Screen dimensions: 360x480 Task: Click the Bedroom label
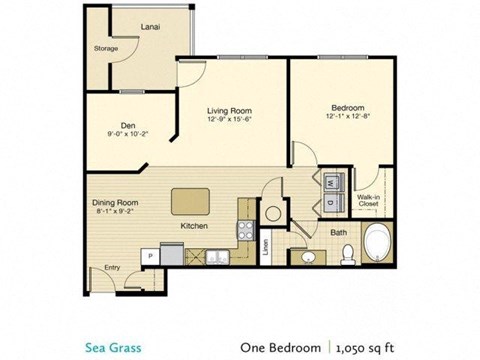(x=345, y=107)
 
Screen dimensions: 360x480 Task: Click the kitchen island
(x=196, y=202)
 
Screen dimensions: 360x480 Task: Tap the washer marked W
(x=331, y=183)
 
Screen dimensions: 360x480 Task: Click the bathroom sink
(x=306, y=256)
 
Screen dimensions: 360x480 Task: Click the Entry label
(x=110, y=267)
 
